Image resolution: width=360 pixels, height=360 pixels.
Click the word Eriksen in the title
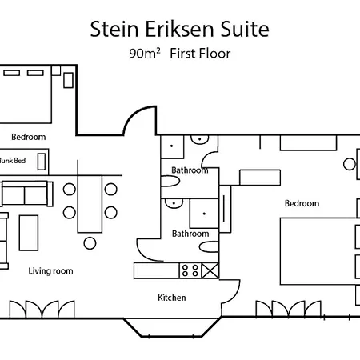click(179, 29)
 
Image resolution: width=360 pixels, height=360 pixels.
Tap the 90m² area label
click(145, 54)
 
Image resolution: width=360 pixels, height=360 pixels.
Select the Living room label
click(50, 271)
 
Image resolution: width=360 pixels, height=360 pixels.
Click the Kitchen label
click(172, 298)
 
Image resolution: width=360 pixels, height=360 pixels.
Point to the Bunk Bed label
click(12, 161)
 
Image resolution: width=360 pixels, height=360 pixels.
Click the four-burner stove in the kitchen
click(190, 270)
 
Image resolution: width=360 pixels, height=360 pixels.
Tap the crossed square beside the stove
click(210, 270)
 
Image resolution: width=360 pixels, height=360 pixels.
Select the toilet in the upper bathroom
click(170, 181)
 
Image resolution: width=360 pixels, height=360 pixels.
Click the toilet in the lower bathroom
click(209, 246)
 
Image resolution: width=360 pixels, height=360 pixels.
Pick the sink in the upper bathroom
click(200, 139)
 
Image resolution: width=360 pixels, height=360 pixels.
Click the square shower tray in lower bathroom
click(204, 214)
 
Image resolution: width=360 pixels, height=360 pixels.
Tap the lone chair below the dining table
click(90, 243)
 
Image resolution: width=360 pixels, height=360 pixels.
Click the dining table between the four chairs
click(90, 204)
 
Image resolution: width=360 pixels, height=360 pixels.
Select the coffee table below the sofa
click(29, 233)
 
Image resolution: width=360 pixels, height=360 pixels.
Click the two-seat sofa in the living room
click(26, 194)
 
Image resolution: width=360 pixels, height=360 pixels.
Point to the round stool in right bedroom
click(350, 164)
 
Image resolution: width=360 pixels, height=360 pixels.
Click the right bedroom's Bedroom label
click(302, 203)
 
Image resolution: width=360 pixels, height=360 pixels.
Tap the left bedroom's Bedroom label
click(29, 137)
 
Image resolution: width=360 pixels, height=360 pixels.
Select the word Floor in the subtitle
click(215, 54)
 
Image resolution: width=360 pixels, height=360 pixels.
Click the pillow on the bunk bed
click(42, 162)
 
